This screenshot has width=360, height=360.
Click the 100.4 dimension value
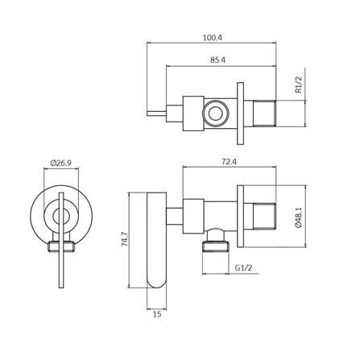(x=213, y=37)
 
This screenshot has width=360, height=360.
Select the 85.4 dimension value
(x=217, y=60)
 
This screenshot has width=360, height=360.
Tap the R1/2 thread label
(x=299, y=85)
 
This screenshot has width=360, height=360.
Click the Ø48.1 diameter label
(x=299, y=217)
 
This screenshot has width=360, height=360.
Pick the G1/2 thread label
(x=243, y=267)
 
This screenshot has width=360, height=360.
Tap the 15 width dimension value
(x=157, y=314)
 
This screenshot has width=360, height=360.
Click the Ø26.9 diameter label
(x=60, y=163)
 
